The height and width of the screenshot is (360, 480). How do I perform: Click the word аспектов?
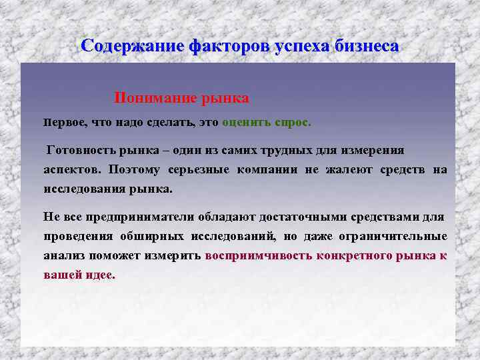[73, 169]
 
